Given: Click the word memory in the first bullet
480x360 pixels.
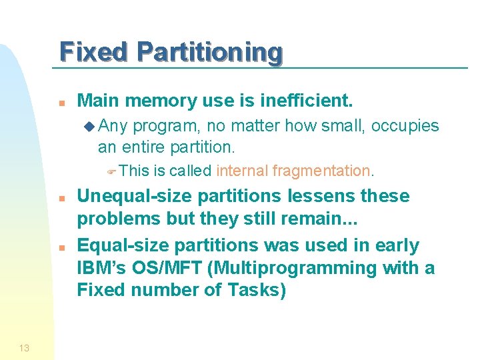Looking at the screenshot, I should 153,101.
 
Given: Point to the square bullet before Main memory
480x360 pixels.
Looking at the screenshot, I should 61,103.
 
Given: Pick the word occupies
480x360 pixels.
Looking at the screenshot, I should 405,126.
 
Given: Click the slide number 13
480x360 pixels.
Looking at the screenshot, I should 24,347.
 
